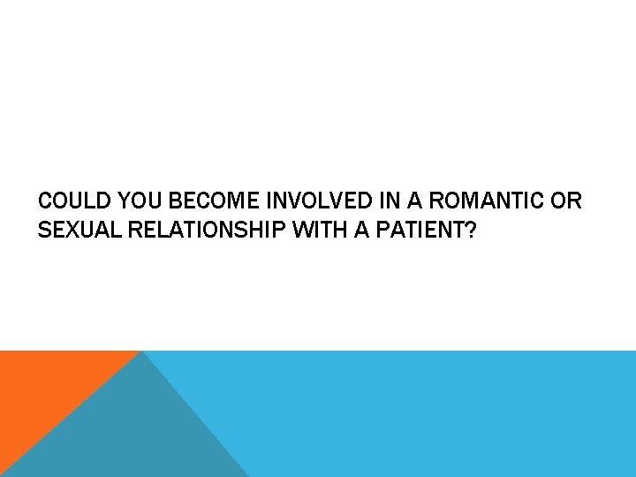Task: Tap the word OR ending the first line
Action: pos(564,201)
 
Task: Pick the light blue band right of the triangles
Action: pos(442,415)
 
